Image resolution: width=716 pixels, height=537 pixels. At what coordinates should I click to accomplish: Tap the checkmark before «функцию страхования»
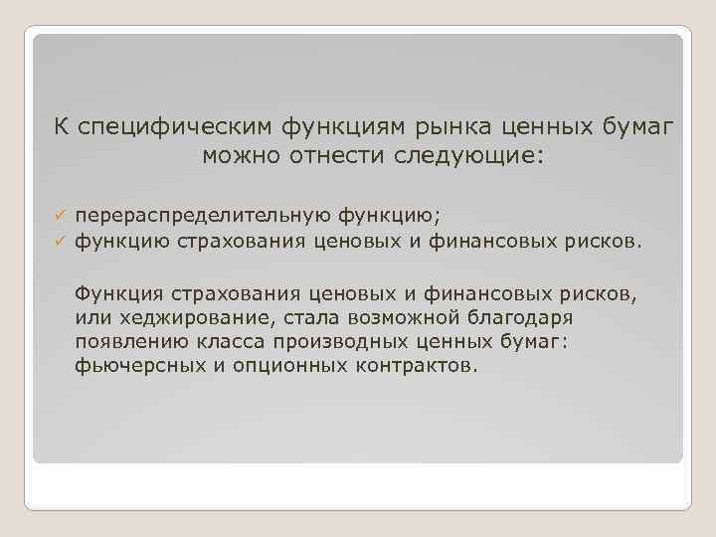(x=60, y=240)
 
